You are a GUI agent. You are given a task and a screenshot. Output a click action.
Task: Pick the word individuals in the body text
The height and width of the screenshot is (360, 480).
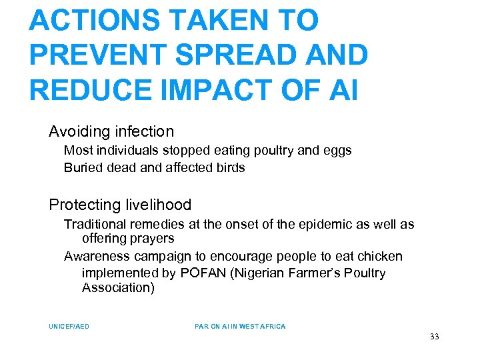pos(125,151)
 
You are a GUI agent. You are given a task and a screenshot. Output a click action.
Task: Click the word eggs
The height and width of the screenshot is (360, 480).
pos(337,151)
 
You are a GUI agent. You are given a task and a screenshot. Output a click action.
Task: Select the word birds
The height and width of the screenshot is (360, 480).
pos(229,168)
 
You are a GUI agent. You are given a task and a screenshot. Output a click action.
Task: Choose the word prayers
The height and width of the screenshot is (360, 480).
pos(151,239)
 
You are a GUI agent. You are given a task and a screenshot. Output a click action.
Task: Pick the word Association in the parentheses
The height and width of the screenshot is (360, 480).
pos(117,288)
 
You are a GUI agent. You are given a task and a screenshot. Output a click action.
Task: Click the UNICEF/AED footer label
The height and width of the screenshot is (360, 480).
pos(69,327)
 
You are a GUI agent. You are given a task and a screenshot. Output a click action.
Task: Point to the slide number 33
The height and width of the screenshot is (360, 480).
pos(435,337)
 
